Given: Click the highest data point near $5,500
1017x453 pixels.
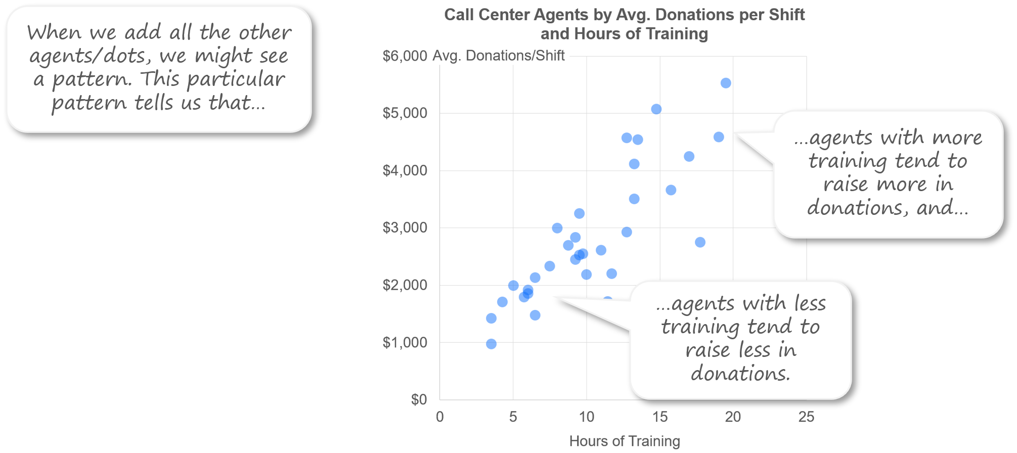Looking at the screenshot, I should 725,83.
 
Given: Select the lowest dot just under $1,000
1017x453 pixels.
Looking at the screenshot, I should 491,344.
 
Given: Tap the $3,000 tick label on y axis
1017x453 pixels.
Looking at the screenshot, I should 405,228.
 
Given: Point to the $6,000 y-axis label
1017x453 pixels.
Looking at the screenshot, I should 405,56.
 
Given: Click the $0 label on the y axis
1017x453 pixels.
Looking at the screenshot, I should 419,399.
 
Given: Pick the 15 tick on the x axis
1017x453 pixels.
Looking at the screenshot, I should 659,417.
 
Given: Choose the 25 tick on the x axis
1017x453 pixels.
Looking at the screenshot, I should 806,417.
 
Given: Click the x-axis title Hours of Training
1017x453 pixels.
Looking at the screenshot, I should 624,441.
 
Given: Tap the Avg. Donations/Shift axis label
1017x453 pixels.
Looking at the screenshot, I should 498,56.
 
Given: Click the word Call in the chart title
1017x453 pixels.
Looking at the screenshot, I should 459,15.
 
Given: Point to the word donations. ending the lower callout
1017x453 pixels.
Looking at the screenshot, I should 740,374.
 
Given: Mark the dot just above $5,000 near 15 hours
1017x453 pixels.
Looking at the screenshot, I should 656,109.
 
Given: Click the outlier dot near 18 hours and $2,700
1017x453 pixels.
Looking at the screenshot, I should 700,242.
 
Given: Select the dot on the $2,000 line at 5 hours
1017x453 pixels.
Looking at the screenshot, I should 513,286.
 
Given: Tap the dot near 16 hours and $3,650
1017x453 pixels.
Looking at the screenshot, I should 671,190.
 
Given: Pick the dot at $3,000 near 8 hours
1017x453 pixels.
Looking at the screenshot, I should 557,228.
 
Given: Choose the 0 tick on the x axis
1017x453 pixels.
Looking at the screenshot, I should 439,417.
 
